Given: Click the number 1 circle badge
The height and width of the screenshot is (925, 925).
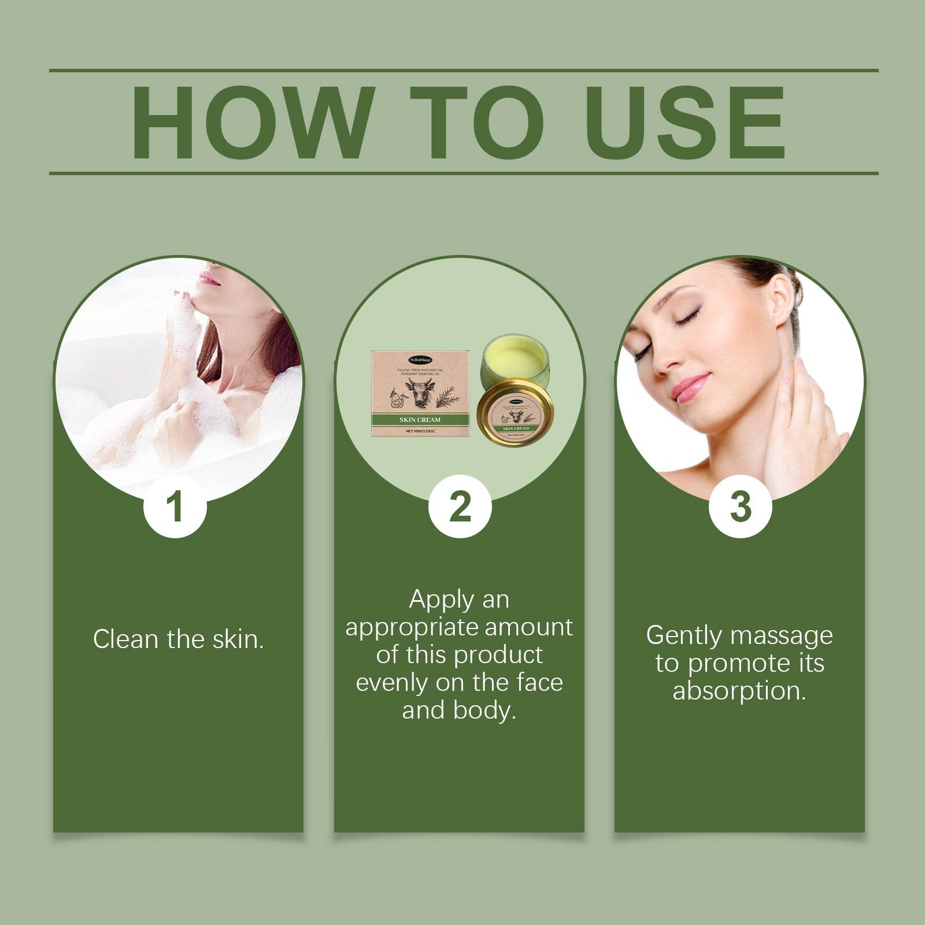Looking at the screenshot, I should click(175, 506).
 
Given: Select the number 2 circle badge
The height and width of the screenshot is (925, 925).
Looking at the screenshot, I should click(460, 506).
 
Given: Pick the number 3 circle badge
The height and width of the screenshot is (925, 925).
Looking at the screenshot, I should click(740, 506).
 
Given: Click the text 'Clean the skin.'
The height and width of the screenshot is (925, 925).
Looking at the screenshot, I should click(178, 639).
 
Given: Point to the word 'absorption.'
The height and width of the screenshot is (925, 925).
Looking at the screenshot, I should click(739, 691).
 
